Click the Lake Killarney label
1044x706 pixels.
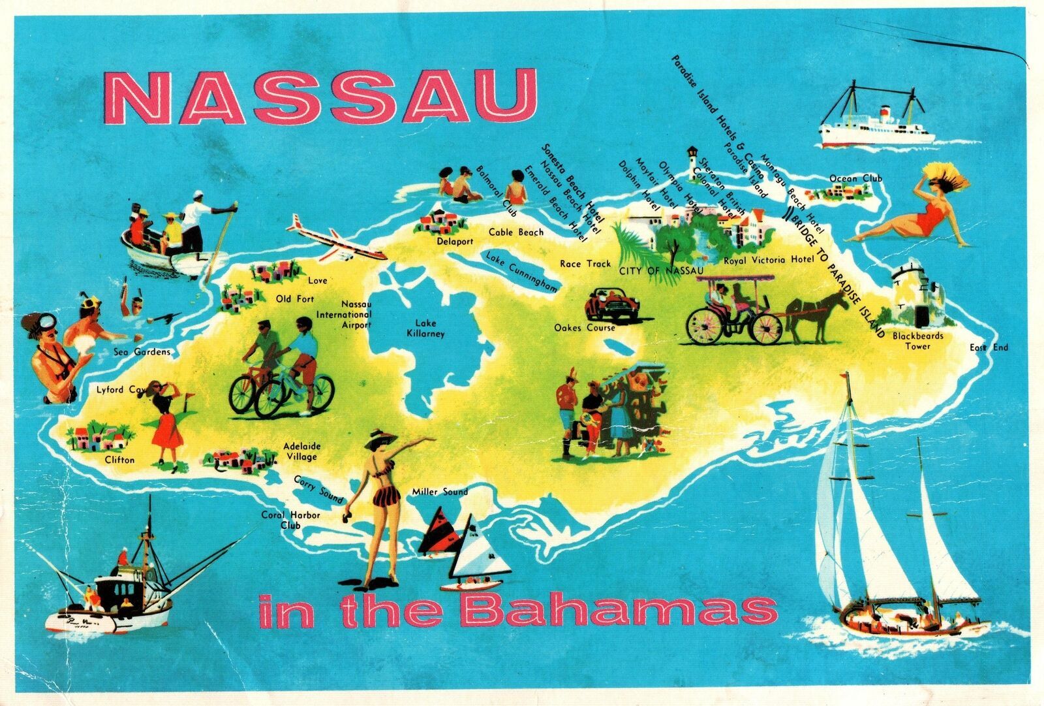[429, 329]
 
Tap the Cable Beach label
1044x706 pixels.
[517, 232]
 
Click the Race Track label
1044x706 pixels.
[585, 264]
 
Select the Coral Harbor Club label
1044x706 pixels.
[290, 520]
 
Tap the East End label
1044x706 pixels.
[988, 347]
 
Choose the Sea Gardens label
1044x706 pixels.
[142, 352]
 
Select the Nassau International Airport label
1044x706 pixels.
[352, 315]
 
